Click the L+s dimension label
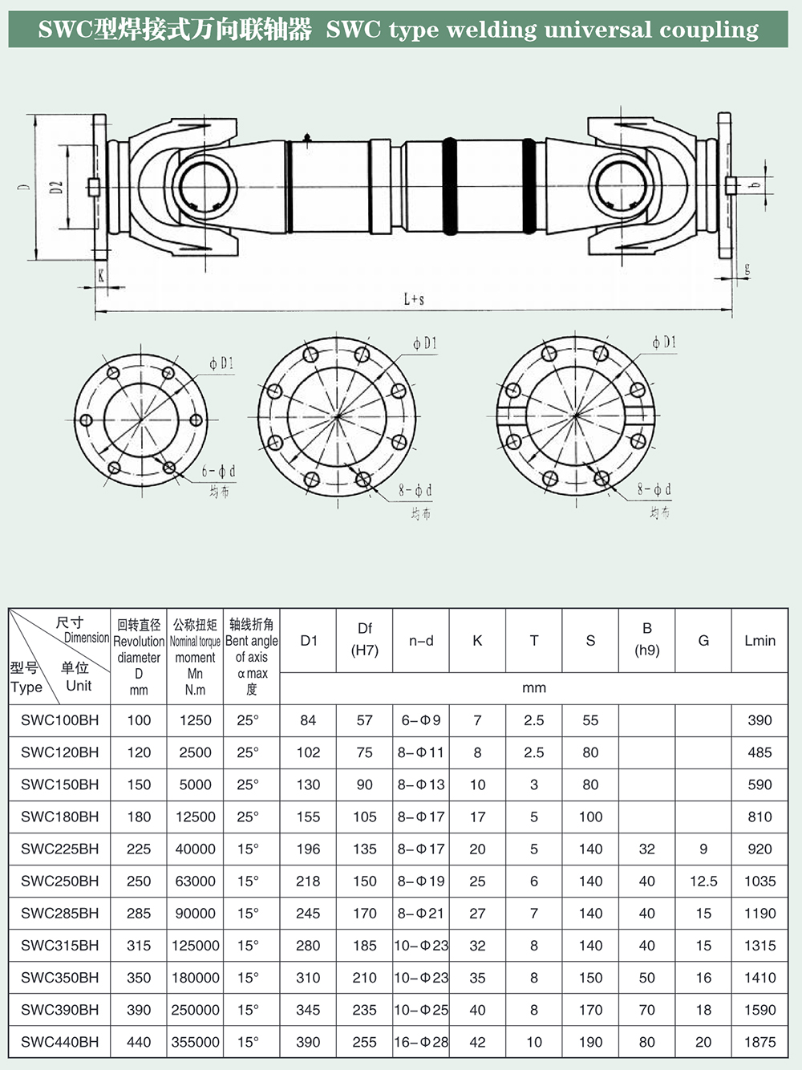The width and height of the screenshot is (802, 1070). point(414,299)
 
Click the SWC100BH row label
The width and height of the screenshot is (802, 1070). point(60,720)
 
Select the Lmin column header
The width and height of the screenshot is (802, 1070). point(759,640)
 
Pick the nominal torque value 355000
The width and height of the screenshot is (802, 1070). point(195,1042)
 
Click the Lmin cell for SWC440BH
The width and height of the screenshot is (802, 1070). point(759,1042)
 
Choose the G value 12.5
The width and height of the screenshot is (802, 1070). point(703,881)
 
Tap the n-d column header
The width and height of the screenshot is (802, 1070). point(421,640)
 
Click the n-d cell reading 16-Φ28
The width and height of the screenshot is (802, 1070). point(421,1042)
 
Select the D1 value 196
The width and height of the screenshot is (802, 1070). point(308,849)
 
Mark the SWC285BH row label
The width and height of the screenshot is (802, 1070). point(60,913)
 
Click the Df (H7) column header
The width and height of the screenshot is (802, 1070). point(365,639)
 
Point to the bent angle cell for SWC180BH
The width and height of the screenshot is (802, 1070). point(248,817)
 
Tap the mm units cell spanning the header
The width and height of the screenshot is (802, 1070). point(534,688)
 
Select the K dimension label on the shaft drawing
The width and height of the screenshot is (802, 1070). point(101,275)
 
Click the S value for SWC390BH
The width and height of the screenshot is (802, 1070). point(590,1010)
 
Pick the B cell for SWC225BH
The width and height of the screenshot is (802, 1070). point(647,849)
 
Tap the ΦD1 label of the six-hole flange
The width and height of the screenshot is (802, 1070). point(221,363)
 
